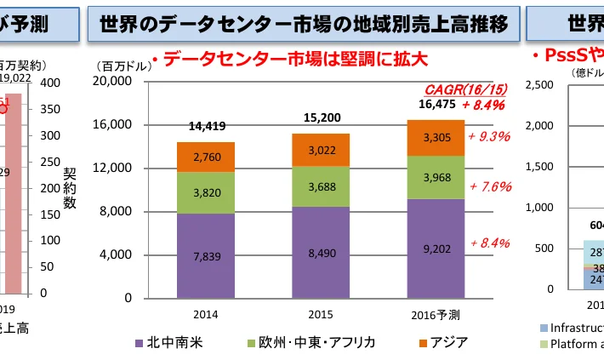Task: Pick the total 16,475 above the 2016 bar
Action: click(435, 105)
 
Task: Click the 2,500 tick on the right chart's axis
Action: click(543, 84)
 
